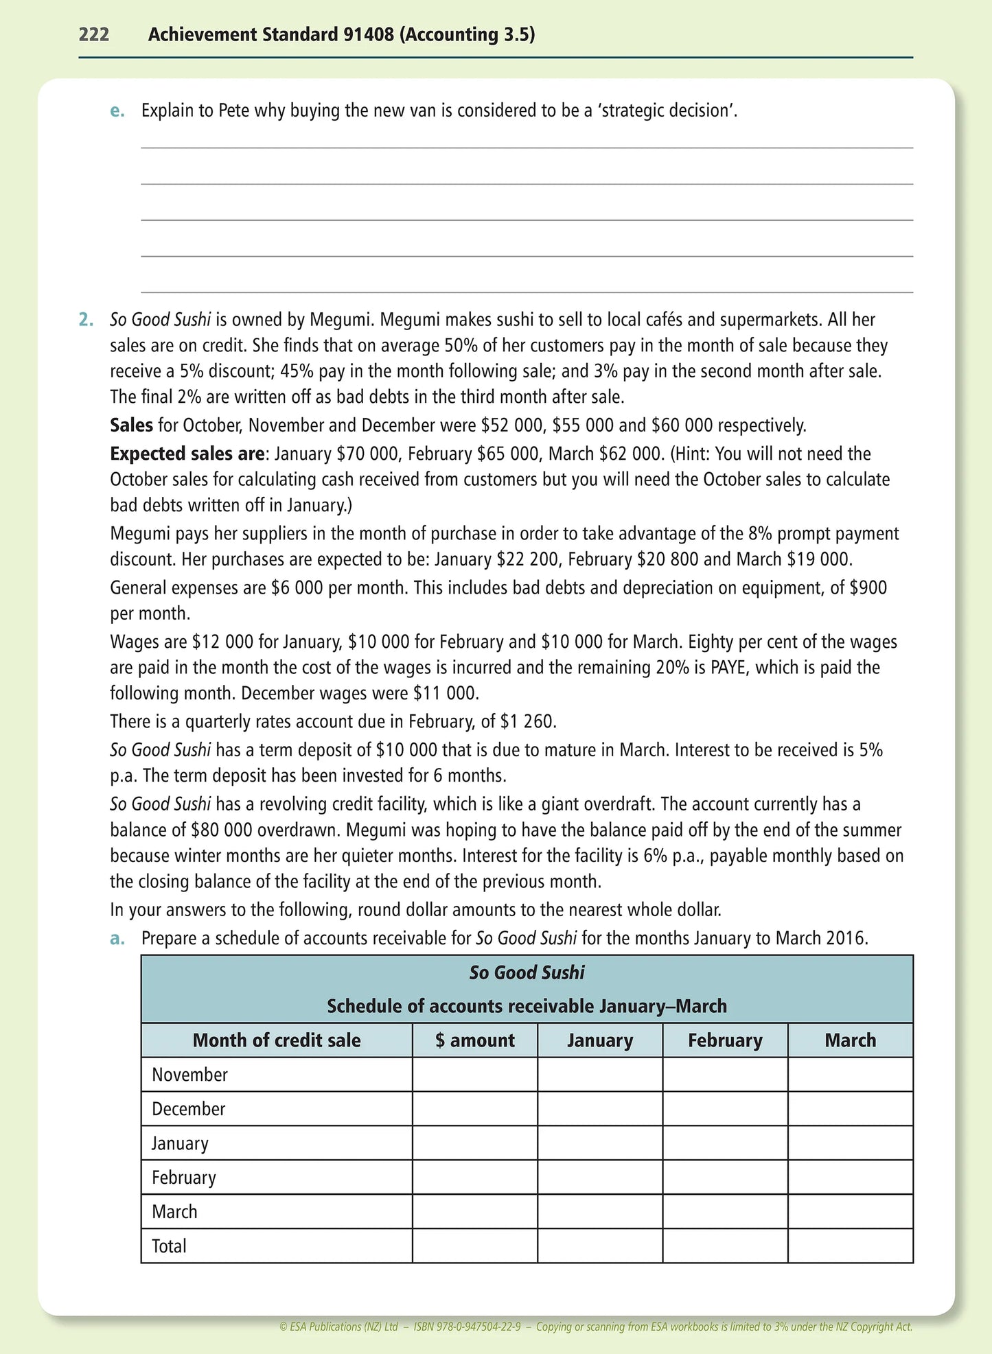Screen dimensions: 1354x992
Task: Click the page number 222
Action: pos(94,34)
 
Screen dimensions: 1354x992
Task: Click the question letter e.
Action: pos(117,111)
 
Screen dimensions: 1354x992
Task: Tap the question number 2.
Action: pos(86,320)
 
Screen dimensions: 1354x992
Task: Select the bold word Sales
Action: pos(131,425)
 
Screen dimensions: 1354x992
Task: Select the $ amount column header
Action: pos(474,1040)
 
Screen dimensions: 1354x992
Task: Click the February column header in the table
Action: pos(725,1040)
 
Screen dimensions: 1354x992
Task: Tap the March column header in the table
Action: pos(850,1040)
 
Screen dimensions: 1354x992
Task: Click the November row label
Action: pos(189,1075)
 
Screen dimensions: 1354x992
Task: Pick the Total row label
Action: pos(169,1246)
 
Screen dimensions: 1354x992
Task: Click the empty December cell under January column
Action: pos(599,1109)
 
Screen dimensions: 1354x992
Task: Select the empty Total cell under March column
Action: pos(850,1246)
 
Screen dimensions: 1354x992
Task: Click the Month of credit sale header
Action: pos(277,1040)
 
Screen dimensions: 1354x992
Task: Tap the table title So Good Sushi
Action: pos(527,973)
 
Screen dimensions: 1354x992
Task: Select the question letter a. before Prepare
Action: pos(117,939)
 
